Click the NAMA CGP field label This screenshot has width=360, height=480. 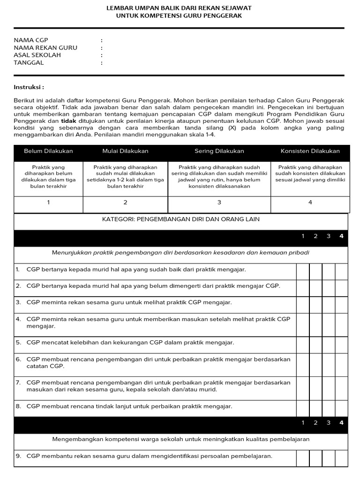click(31, 40)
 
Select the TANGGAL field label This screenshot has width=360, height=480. click(29, 63)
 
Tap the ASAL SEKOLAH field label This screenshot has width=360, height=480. click(37, 55)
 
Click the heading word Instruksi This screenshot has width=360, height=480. click(29, 87)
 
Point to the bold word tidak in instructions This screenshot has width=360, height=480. click(69, 121)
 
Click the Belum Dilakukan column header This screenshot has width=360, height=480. click(48, 151)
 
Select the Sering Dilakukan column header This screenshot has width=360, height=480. click(219, 151)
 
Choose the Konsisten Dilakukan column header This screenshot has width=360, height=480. click(310, 151)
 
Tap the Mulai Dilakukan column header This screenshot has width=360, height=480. click(125, 151)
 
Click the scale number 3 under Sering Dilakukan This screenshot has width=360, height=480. click(219, 202)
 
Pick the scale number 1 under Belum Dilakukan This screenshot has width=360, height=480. click(48, 202)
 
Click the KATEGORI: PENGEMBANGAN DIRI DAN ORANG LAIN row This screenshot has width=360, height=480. click(180, 219)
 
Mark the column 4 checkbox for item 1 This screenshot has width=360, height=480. click(341, 270)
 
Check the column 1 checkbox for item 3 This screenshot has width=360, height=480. click(303, 303)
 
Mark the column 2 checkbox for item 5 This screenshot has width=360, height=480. click(315, 343)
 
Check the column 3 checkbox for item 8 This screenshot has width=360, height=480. click(329, 406)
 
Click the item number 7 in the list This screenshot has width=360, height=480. click(18, 383)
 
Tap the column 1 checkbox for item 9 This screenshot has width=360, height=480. click(303, 456)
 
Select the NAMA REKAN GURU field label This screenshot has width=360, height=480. click(45, 48)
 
